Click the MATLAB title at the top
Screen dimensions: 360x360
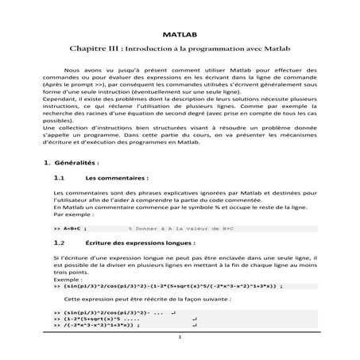(x=179, y=36)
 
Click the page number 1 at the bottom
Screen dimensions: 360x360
(x=180, y=337)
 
